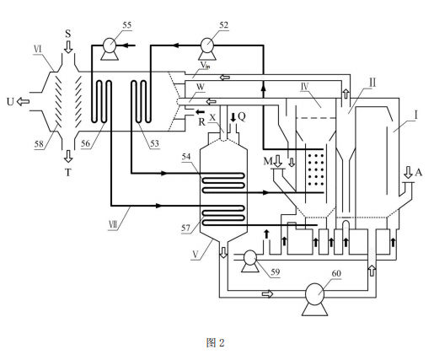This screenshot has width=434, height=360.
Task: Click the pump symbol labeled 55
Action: [110, 48]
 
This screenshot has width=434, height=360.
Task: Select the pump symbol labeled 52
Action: [207, 48]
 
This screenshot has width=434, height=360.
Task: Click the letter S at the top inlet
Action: [68, 34]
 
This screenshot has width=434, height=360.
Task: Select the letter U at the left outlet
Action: [10, 102]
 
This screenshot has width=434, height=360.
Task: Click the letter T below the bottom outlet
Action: [68, 172]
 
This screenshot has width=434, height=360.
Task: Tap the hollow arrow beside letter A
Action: [408, 173]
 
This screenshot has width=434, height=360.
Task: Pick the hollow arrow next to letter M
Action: [277, 161]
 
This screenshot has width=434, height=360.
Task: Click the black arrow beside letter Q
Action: [233, 117]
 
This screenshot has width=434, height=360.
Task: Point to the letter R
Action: [201, 122]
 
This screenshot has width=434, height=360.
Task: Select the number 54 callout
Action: [186, 156]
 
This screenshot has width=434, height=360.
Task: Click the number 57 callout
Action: [185, 228]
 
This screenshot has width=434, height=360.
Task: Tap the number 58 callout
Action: [39, 144]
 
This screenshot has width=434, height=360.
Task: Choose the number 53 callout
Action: [154, 143]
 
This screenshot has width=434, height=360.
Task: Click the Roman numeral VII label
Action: [113, 225]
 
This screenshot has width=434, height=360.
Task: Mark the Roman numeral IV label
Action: [305, 87]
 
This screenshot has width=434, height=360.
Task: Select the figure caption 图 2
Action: [215, 343]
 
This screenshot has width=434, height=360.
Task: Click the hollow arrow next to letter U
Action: [23, 101]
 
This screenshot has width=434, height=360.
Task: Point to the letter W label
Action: [201, 87]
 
